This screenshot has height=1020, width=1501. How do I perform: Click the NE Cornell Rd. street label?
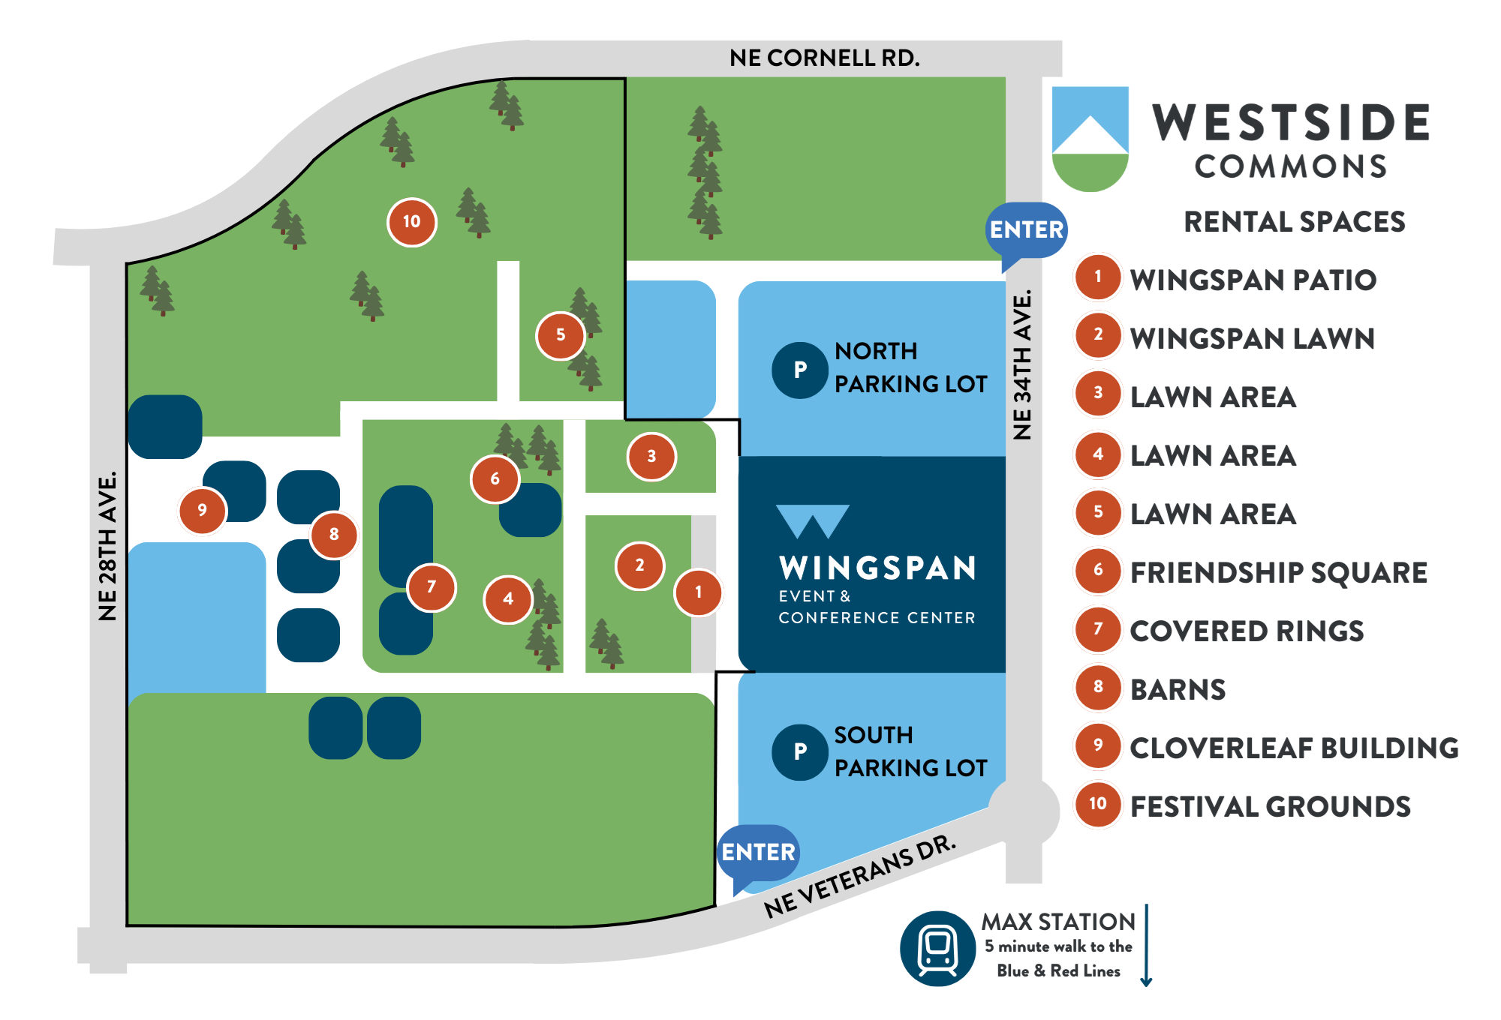pos(824,58)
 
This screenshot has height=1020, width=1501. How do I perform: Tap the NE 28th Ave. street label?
pos(108,545)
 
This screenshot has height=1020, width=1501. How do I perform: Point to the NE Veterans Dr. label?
pos(860,876)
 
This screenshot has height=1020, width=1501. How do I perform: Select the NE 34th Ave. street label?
pos(1022,364)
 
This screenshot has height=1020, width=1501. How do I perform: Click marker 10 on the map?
pos(411,222)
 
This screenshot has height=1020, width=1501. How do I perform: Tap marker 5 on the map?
pos(560,335)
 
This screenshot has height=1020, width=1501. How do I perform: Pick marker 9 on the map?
pos(202,511)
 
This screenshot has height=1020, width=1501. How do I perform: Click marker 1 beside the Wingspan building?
pos(698,592)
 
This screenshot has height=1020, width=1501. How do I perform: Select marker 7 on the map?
pos(431,587)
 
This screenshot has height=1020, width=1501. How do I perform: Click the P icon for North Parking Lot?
pos(800,370)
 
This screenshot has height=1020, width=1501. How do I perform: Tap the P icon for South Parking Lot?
pos(800,751)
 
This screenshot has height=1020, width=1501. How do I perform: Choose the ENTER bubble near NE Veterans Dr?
pos(758,853)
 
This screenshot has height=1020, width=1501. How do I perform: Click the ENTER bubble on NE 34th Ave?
pos(1026,229)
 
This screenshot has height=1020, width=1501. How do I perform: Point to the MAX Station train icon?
pos(937,948)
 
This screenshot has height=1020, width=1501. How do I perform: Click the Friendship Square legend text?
pos(1278,573)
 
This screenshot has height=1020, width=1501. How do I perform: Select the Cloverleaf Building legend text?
pos(1294,748)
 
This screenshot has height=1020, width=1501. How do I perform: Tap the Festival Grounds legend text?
pos(1270,807)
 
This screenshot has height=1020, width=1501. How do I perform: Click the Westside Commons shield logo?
pos(1090,139)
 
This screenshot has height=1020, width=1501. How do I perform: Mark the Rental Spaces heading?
pos(1294,222)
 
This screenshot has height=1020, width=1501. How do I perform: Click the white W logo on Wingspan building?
pos(812,521)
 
